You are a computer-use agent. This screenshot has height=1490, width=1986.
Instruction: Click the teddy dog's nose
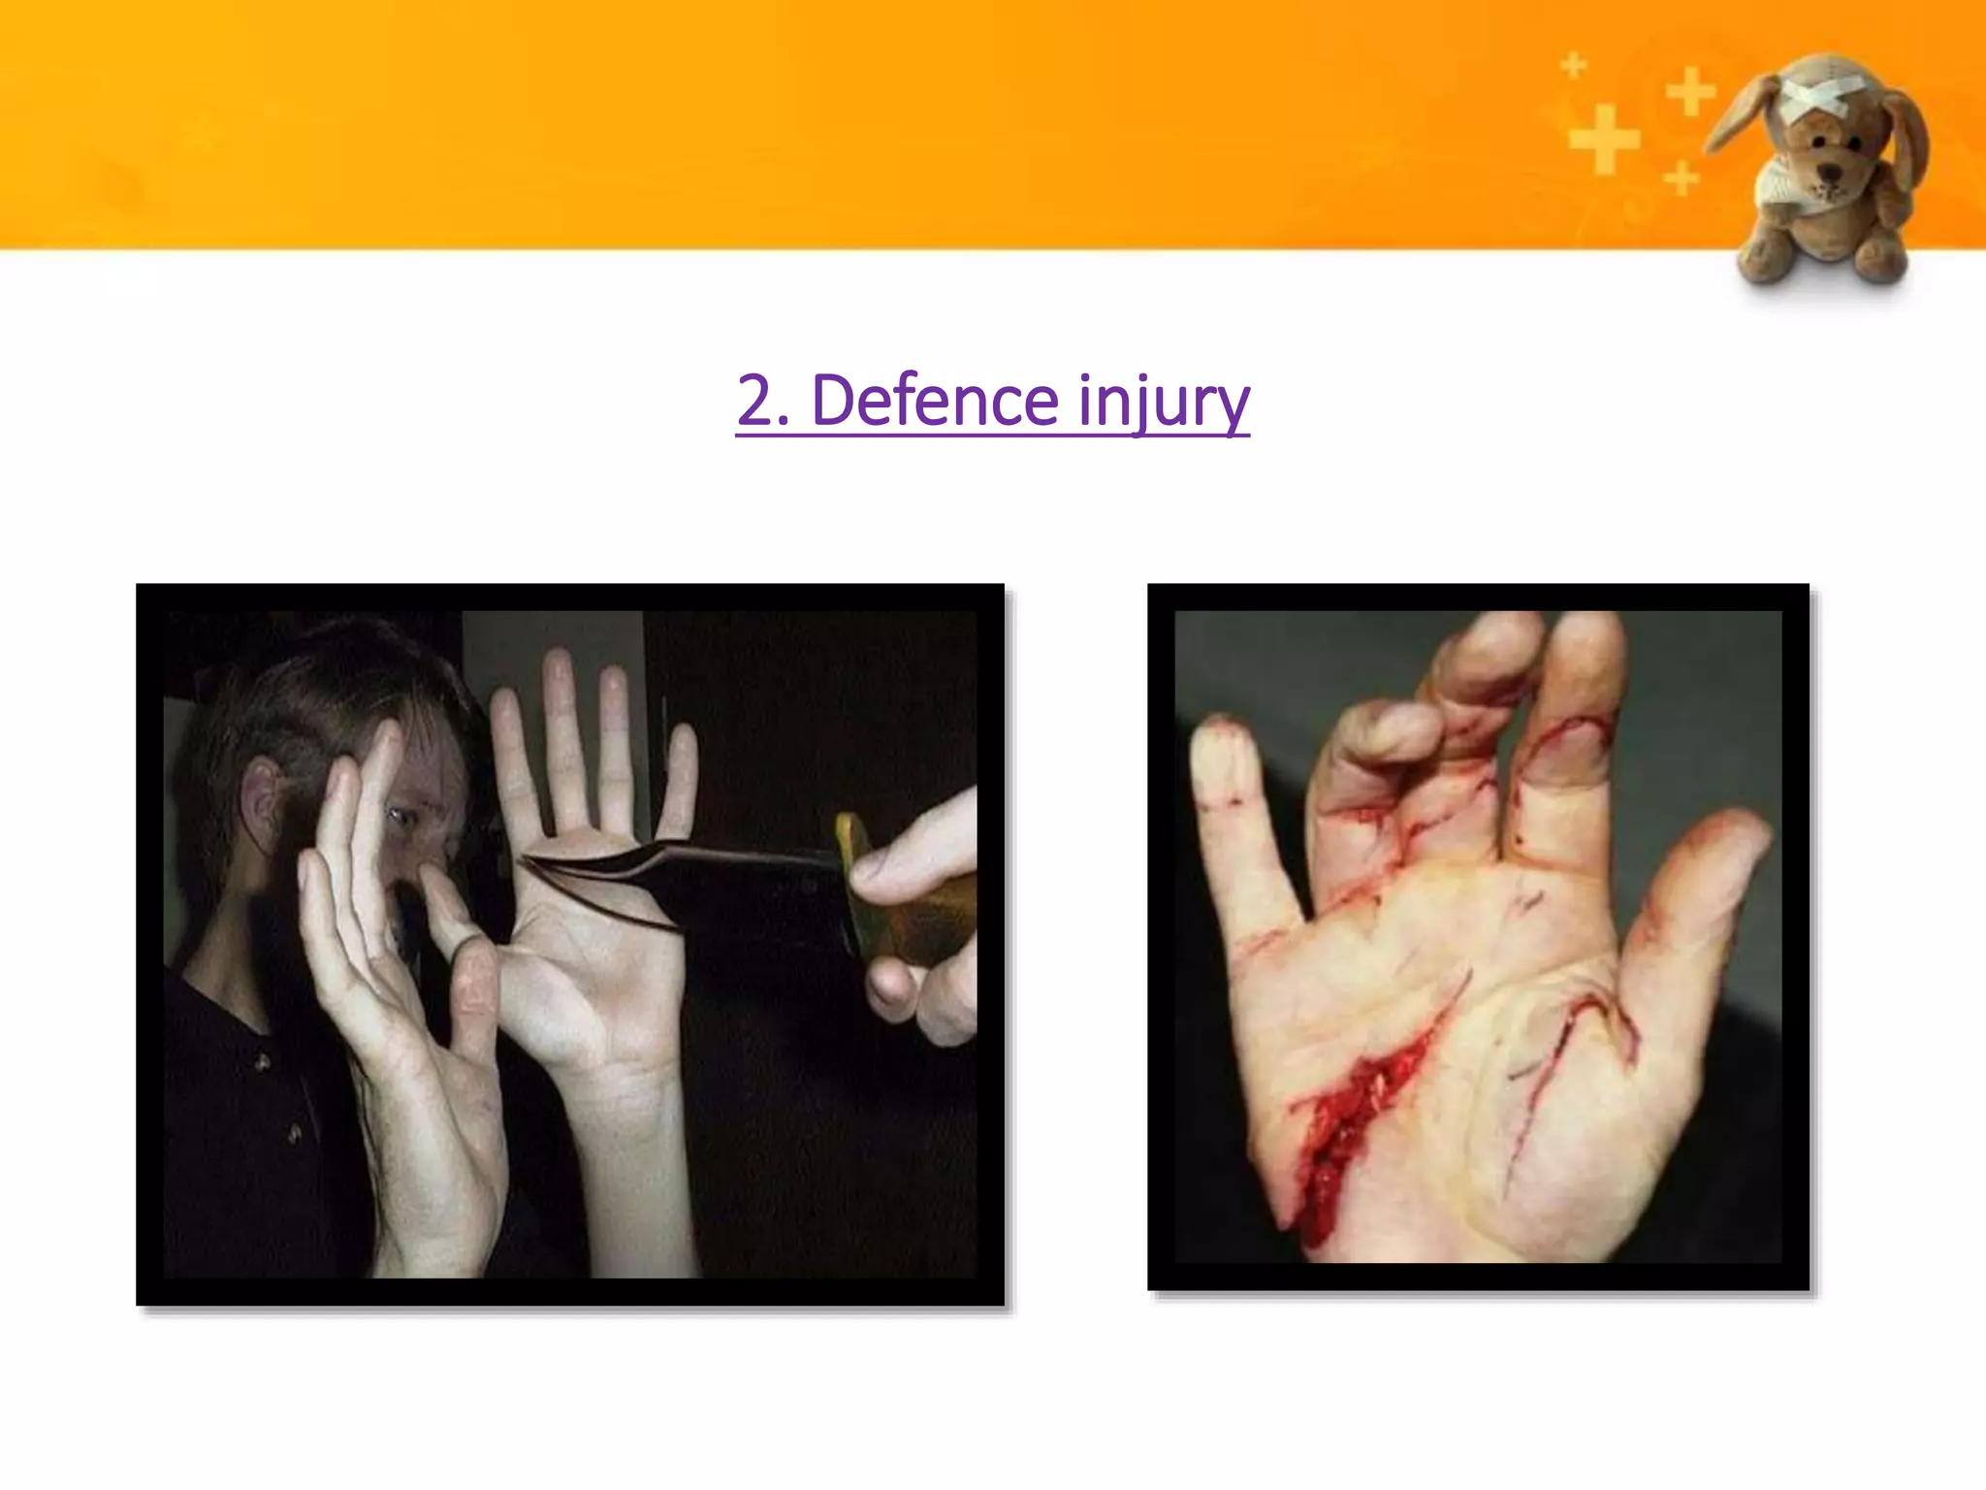pos(1828,172)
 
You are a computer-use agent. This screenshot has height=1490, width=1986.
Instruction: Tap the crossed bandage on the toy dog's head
pos(1810,98)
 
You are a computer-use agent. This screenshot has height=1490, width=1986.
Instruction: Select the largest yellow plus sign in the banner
pos(1604,141)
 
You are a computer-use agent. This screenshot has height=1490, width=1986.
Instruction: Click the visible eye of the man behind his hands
pos(400,816)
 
